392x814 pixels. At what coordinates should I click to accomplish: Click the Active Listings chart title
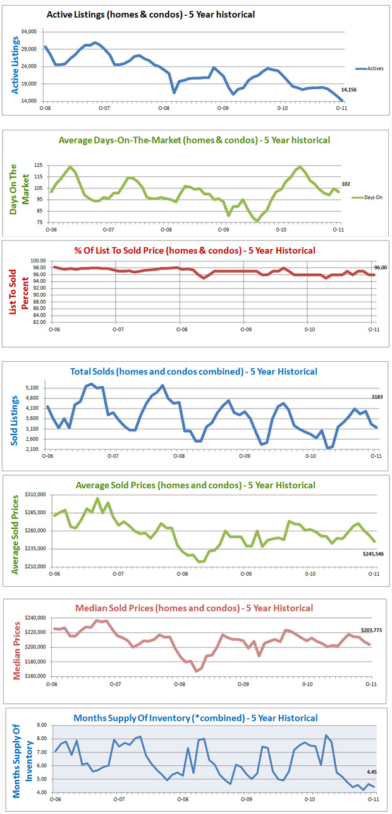point(150,14)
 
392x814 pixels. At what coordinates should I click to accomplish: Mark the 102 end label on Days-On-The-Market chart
point(345,184)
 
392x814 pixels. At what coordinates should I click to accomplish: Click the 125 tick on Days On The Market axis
point(38,165)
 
